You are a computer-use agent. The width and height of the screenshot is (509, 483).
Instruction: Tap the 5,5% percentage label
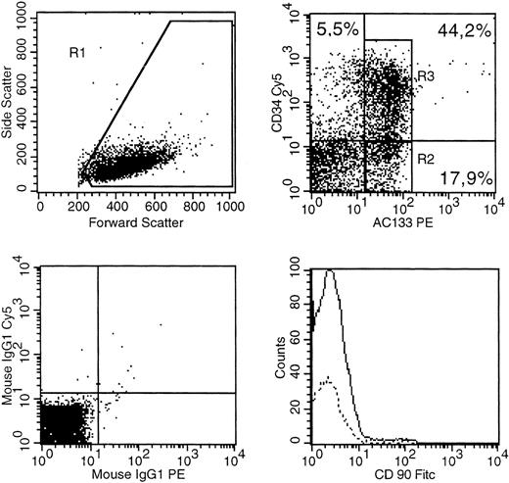click(x=336, y=32)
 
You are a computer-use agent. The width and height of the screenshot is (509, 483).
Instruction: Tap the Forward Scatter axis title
click(x=136, y=222)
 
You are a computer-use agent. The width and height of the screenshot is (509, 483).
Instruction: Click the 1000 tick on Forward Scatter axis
click(x=231, y=208)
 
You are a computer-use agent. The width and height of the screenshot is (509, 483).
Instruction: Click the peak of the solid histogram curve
click(x=330, y=271)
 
